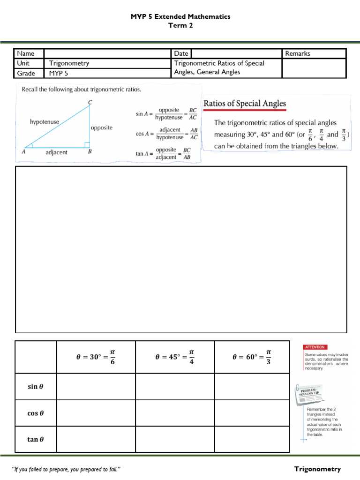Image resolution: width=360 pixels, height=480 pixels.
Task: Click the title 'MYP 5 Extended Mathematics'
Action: click(180, 16)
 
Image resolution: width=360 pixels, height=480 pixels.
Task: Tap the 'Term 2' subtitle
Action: click(180, 26)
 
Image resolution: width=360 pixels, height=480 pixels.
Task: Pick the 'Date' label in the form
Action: click(181, 53)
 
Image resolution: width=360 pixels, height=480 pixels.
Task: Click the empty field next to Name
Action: click(107, 53)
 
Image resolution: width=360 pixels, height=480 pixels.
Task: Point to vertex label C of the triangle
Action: click(90, 102)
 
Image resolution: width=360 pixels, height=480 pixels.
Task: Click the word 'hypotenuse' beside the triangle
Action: click(45, 122)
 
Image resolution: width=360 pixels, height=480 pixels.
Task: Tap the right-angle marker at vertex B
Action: click(87, 145)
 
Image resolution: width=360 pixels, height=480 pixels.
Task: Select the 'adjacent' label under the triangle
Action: click(56, 152)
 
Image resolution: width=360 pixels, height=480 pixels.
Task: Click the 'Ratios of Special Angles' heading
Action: click(244, 104)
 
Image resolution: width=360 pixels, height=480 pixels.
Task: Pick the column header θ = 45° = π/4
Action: click(174, 357)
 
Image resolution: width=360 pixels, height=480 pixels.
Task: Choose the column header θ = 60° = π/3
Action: click(252, 357)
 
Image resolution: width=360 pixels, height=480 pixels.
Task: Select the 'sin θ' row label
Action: click(35, 387)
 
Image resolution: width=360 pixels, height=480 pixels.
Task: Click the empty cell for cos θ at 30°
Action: click(96, 413)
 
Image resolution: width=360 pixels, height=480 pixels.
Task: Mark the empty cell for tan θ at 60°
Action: click(252, 439)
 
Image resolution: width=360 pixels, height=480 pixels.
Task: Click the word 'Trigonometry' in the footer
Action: click(317, 469)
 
